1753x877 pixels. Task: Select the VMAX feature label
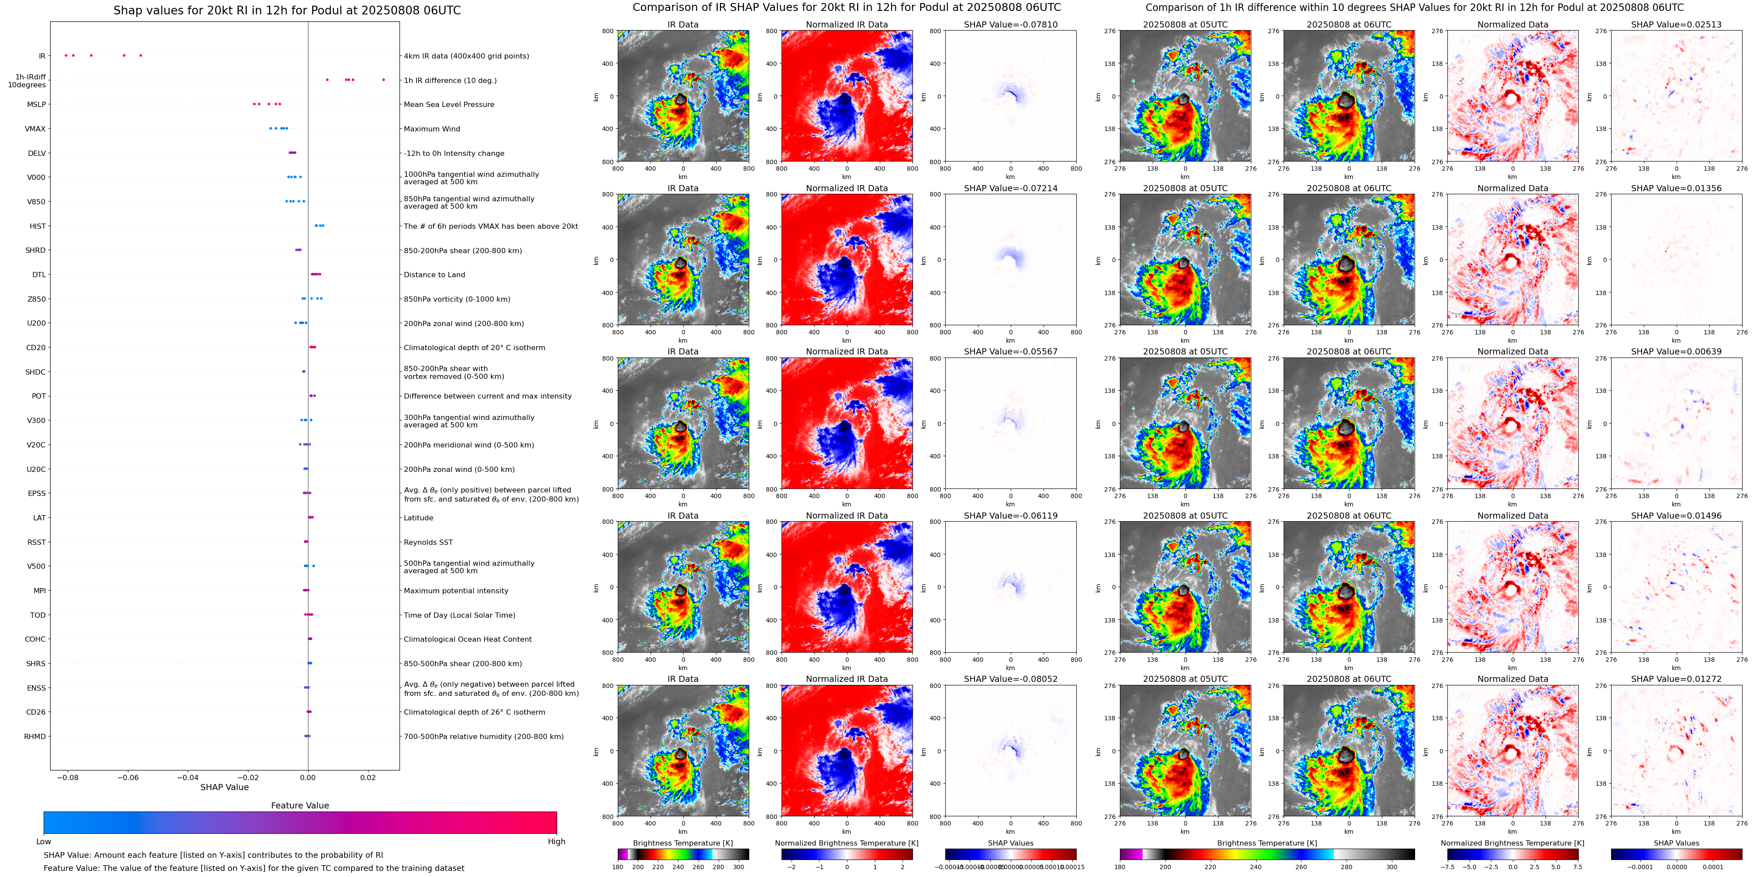pyautogui.click(x=35, y=129)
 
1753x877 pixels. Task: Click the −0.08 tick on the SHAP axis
pyautogui.click(x=67, y=777)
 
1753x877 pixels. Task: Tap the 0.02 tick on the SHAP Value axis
pyautogui.click(x=368, y=777)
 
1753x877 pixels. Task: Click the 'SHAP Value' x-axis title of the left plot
pyautogui.click(x=224, y=787)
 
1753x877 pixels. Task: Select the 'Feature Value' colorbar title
pyautogui.click(x=300, y=805)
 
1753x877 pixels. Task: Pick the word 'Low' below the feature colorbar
pyautogui.click(x=44, y=842)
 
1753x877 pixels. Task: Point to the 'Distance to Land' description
pyautogui.click(x=434, y=275)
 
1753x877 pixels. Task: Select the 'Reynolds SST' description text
pyautogui.click(x=428, y=542)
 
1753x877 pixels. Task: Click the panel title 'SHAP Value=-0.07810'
pyautogui.click(x=1011, y=24)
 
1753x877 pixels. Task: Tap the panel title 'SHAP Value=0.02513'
pyautogui.click(x=1676, y=24)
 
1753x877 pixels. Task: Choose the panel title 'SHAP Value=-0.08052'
pyautogui.click(x=1011, y=679)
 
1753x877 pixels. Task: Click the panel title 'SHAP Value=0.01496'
pyautogui.click(x=1676, y=516)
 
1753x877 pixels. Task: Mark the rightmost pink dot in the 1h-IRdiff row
pyautogui.click(x=384, y=79)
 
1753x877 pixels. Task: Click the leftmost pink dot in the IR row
pyautogui.click(x=66, y=55)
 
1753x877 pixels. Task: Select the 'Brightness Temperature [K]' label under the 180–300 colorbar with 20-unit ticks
pyautogui.click(x=682, y=843)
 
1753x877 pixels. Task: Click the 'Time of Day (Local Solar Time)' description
pyautogui.click(x=459, y=615)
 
